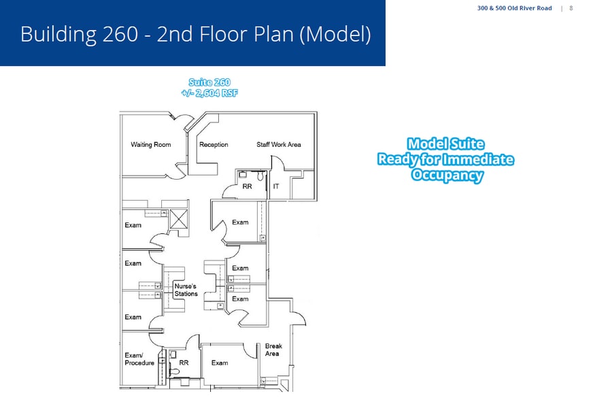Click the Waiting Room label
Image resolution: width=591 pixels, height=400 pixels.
point(150,145)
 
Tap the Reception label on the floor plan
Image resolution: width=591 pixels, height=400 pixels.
point(214,145)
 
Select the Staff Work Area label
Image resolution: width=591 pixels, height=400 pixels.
point(278,145)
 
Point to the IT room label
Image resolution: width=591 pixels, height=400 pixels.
point(276,186)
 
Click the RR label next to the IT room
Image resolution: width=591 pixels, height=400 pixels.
point(247,186)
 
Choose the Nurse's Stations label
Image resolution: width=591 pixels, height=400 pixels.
point(186,290)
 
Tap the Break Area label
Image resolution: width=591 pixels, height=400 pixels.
point(273,350)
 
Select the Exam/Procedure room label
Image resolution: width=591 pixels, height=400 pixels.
point(139,359)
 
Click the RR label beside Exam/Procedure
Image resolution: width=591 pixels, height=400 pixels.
point(184,363)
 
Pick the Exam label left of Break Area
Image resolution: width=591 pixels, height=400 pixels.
point(220,363)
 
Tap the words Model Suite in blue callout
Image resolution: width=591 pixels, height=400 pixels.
point(445,144)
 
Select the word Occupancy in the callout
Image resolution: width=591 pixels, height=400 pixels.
point(447,175)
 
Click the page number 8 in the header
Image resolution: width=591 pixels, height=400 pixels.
point(571,8)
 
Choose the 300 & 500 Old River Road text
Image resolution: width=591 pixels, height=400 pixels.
point(514,8)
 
